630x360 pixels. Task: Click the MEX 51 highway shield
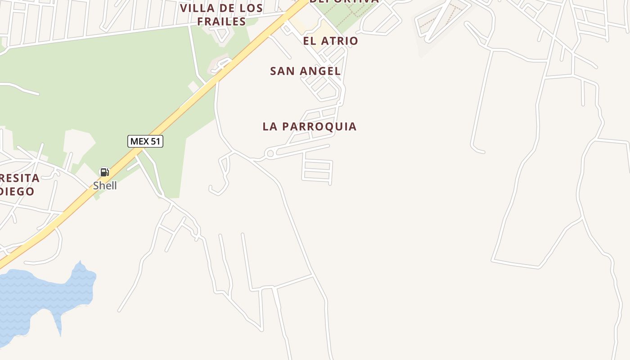145,141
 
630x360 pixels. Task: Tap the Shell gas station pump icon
104,172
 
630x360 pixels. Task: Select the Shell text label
105,185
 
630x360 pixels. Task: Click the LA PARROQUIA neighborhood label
310,126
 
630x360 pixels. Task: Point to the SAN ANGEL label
305,71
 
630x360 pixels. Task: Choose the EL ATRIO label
330,41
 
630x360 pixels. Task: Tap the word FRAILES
221,22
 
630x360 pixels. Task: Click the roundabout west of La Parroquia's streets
270,154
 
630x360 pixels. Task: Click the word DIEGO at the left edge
17,191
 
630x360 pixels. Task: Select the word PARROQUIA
320,126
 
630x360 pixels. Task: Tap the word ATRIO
338,41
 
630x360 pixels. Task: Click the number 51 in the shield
155,141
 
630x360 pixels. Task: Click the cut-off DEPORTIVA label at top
345,1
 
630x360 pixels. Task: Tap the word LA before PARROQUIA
270,126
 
